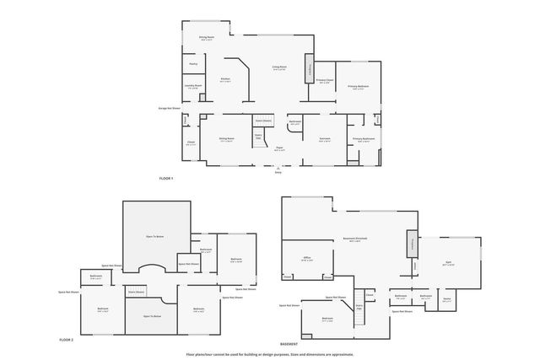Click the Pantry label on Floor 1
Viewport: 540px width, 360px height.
click(193, 63)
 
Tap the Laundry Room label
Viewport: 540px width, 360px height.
click(192, 86)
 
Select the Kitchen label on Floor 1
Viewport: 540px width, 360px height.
click(225, 80)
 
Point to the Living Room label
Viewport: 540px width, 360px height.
click(279, 67)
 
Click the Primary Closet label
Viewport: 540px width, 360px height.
click(325, 81)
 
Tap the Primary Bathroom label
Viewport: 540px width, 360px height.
click(364, 139)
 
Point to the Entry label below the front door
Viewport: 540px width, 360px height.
click(278, 171)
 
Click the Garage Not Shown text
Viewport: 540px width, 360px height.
click(170, 108)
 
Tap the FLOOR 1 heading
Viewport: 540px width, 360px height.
click(165, 179)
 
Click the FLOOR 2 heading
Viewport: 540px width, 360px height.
click(67, 339)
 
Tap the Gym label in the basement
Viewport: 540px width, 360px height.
click(448, 262)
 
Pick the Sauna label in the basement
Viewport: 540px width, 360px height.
click(447, 298)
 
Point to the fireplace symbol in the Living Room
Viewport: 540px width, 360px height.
click(310, 68)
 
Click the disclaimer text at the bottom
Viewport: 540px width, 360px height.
click(270, 354)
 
